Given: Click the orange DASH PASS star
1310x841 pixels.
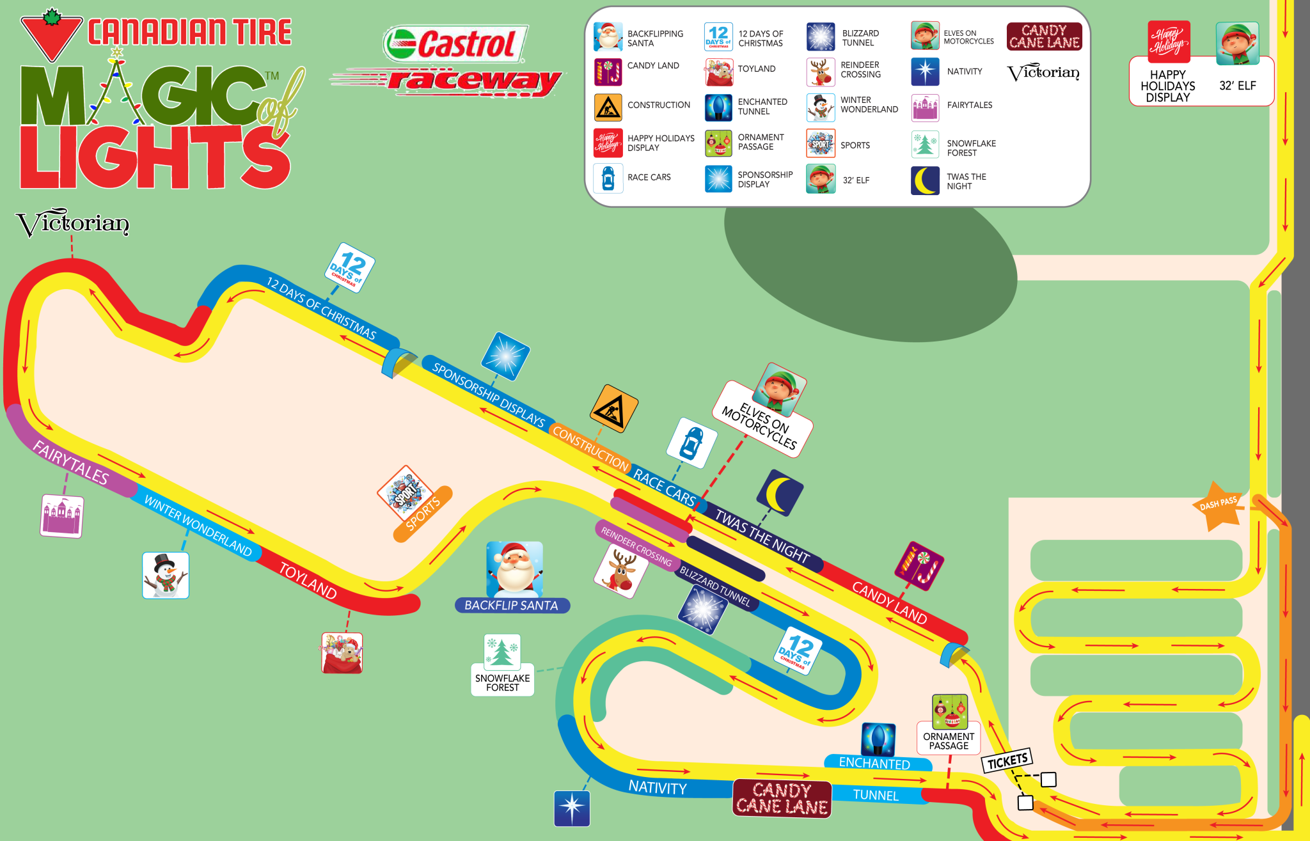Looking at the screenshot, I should coord(1218,506).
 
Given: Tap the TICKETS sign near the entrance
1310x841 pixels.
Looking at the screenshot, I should coord(1007,760).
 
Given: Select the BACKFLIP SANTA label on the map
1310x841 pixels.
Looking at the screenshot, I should coord(511,605).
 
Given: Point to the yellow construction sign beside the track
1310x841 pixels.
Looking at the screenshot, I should coord(614,409).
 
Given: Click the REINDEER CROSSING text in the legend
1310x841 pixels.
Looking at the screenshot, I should coord(860,70).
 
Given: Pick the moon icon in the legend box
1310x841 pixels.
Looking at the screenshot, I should coord(925,180).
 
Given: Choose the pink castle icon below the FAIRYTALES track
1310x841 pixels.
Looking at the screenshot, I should coord(62,515).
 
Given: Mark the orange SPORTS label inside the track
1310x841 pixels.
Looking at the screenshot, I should coord(423,514).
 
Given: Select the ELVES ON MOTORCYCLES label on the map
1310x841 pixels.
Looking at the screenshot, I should coord(759,426).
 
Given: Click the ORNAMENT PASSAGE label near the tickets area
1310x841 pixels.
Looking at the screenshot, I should coord(949,741).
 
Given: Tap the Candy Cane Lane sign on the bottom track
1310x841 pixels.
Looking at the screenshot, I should coord(782,798).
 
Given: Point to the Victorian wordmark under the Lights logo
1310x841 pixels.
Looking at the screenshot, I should coord(72,223).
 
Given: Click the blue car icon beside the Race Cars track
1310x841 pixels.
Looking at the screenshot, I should coord(691,443).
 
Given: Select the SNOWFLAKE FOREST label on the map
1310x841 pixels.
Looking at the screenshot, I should coord(502,682).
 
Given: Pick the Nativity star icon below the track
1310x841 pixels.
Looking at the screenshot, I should coord(572,808).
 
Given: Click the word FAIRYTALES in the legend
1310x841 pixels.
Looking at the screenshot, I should coord(970,105).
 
